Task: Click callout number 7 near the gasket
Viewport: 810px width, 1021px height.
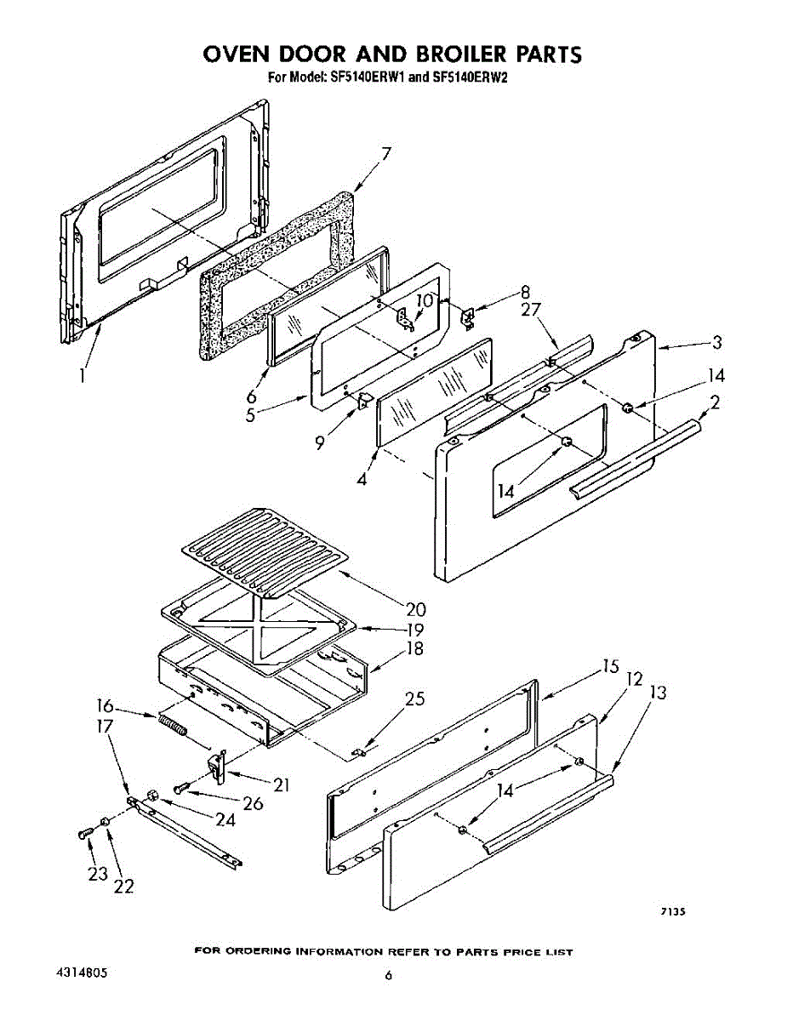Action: pos(386,154)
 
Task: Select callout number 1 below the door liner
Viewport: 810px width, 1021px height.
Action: pos(83,374)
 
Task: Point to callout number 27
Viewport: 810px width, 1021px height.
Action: pos(533,311)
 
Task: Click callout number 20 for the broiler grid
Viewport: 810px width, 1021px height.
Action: pos(416,609)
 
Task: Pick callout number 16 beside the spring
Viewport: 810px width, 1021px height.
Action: pos(106,705)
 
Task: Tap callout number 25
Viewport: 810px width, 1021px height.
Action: pos(414,699)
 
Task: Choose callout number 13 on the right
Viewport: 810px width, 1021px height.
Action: pos(658,693)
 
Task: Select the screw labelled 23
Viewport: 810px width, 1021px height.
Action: pos(84,833)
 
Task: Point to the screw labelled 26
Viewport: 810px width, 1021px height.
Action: pos(180,789)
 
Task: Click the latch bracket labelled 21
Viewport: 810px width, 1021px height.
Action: pos(217,765)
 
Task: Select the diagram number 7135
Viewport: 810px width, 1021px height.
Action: pos(673,911)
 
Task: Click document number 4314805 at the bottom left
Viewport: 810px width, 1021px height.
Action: pos(84,972)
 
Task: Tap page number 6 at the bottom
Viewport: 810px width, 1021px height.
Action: pos(388,975)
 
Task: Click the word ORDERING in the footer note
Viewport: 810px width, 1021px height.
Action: pos(258,951)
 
